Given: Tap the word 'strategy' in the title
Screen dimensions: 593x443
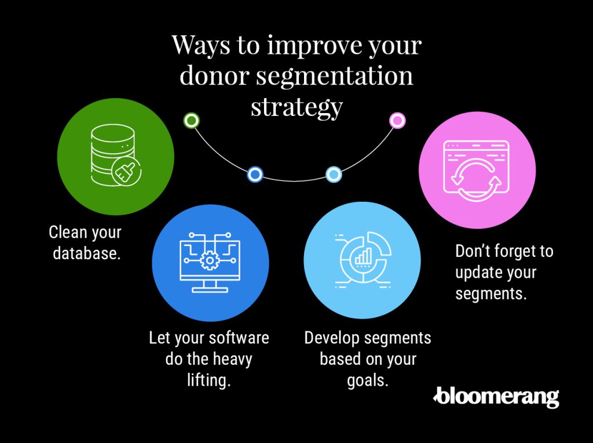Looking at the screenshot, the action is tap(297, 107).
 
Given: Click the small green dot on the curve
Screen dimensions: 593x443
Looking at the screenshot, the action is tap(191, 121).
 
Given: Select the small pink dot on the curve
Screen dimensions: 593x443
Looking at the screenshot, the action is tap(397, 121).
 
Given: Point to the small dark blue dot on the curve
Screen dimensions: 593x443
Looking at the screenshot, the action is tap(255, 175).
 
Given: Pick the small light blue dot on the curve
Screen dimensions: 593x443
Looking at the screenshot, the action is tap(334, 175).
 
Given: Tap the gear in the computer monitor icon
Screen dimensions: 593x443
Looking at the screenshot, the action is tap(209, 260).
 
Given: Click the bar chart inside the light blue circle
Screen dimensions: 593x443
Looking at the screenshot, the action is tap(363, 256).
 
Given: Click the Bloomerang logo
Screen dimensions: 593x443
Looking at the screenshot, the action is tap(496, 397).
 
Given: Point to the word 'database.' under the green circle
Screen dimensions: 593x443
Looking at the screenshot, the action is tap(87, 253).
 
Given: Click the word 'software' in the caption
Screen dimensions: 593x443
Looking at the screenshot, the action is tap(239, 337).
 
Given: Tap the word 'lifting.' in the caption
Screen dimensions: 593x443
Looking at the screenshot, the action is tap(208, 380).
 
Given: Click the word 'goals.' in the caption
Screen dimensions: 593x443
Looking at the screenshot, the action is tap(368, 380).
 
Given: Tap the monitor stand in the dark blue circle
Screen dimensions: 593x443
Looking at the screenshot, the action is tap(210, 286).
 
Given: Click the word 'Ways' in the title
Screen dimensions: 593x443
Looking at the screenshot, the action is tap(201, 45).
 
